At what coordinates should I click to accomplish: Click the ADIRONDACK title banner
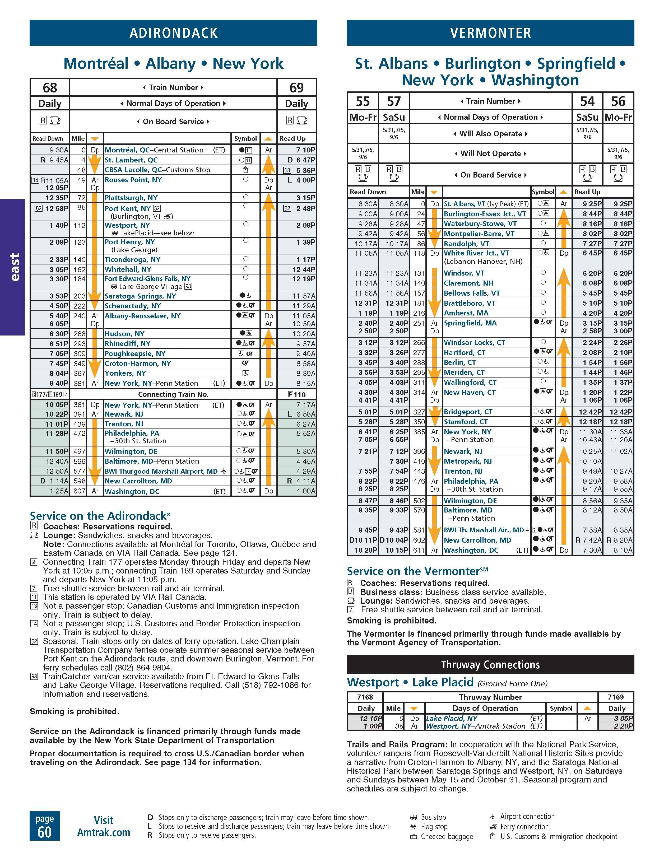[x=173, y=33]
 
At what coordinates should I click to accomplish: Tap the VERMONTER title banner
[x=490, y=33]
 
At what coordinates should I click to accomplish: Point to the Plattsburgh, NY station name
[x=131, y=198]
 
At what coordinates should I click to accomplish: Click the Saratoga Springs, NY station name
[x=140, y=296]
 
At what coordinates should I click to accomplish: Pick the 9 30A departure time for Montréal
[x=59, y=150]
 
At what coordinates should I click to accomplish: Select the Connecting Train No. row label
[x=173, y=394]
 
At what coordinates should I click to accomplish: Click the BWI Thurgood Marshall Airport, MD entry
[x=161, y=471]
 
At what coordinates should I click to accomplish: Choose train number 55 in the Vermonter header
[x=363, y=101]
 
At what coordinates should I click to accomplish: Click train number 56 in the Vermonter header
[x=618, y=101]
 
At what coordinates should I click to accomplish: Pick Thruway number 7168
[x=365, y=697]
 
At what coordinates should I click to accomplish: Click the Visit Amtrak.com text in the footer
[x=103, y=827]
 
